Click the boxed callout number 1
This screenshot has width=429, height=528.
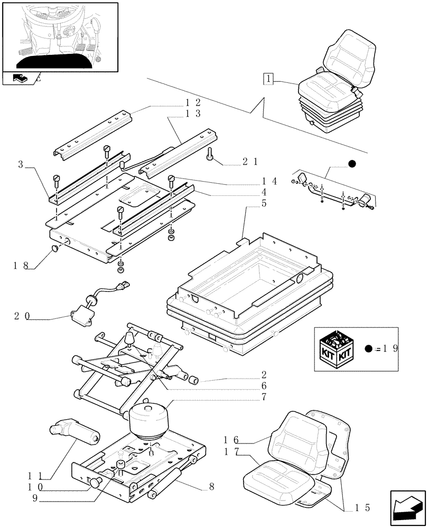(269, 80)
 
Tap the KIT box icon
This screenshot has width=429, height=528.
(338, 350)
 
